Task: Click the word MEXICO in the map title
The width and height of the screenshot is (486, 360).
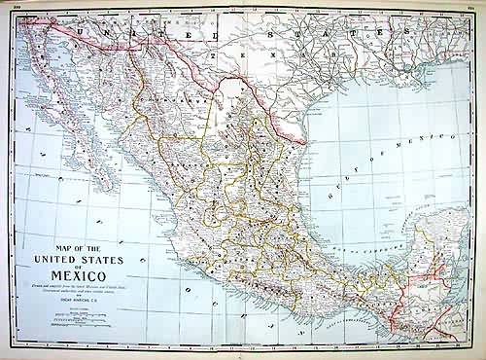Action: click(x=85, y=275)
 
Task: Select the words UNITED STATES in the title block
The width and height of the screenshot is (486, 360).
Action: click(x=84, y=259)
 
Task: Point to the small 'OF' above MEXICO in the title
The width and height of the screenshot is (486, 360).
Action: click(x=84, y=267)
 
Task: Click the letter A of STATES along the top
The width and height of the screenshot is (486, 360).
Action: click(x=343, y=32)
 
